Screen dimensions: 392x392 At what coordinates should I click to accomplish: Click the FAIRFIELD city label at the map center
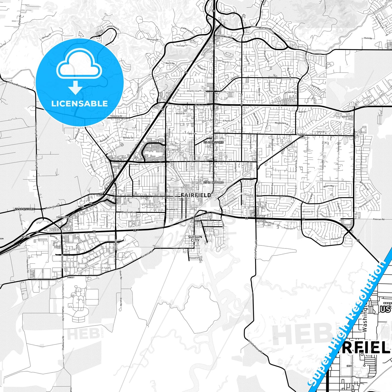coord(196,195)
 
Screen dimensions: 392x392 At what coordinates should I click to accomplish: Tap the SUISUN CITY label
coord(195,238)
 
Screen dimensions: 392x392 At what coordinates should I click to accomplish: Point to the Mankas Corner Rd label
coord(18,84)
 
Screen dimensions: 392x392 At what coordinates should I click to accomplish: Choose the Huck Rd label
coord(368,38)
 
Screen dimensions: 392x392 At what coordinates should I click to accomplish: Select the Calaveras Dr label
coord(116,116)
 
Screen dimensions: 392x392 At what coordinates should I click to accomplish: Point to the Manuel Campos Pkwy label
coord(263,29)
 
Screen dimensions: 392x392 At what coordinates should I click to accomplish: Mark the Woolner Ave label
coord(128,212)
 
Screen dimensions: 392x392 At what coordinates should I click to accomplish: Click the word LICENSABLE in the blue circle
coord(79,104)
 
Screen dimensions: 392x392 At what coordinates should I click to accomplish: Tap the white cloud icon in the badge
coord(79,66)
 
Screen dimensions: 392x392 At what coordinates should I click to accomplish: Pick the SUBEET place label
coord(71,278)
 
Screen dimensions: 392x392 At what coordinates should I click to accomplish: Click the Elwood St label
coord(194,258)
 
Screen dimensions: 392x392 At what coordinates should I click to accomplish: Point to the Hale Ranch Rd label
coord(28,265)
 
